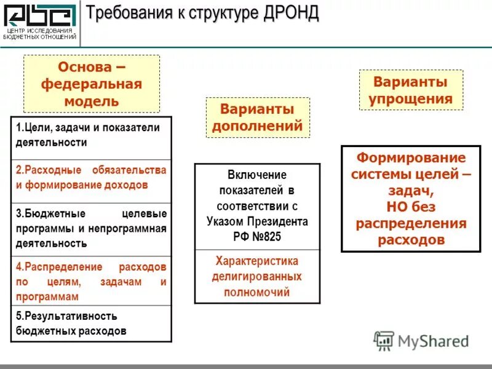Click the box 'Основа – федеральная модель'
tap(92, 84)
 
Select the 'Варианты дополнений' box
tap(257, 117)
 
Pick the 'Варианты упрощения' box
tap(411, 90)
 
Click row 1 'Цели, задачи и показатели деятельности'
tap(91, 135)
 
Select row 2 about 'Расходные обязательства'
tap(91, 177)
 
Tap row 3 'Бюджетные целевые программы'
tap(91, 228)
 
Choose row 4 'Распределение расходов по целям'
tap(91, 282)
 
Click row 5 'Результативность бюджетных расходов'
tap(91, 323)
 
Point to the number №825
tap(266, 237)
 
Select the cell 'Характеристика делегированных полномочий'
tap(257, 276)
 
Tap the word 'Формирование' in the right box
tap(411, 157)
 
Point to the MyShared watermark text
tap(434, 341)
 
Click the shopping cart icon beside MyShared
tap(384, 340)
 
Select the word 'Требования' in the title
tap(128, 13)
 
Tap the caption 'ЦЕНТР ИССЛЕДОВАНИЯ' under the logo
tap(40, 31)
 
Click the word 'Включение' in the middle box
tap(257, 175)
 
